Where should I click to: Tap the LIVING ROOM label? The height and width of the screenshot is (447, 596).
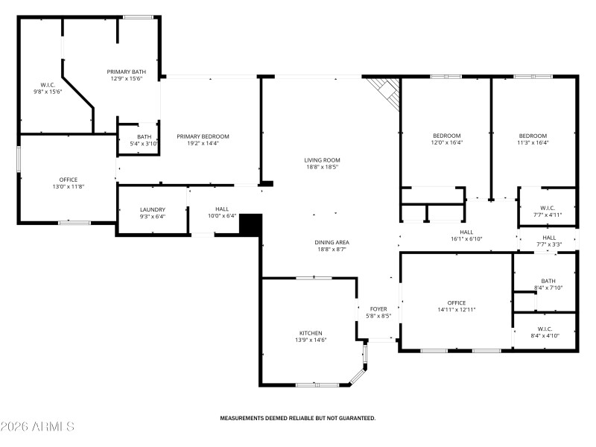322,160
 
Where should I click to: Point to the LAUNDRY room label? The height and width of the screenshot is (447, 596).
153,210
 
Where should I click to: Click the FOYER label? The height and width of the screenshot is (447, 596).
378,308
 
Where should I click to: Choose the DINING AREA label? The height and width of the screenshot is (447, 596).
333,242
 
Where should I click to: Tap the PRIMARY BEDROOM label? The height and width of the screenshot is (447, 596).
203,136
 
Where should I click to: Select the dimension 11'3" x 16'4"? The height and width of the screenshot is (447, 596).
533,142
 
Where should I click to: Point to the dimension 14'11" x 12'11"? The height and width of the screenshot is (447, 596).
457,310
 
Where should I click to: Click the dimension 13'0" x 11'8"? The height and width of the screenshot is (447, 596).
69,186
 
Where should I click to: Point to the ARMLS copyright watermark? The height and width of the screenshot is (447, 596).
37,427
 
